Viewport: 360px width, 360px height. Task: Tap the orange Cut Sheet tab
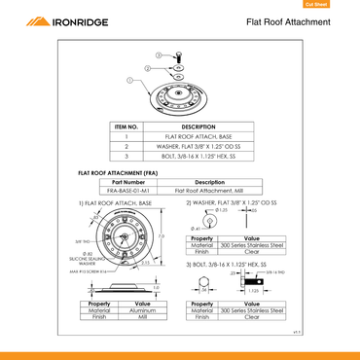(341, 4)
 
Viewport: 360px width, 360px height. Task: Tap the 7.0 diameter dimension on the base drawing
(162, 235)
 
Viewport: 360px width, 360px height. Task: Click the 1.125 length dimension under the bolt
(251, 289)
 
